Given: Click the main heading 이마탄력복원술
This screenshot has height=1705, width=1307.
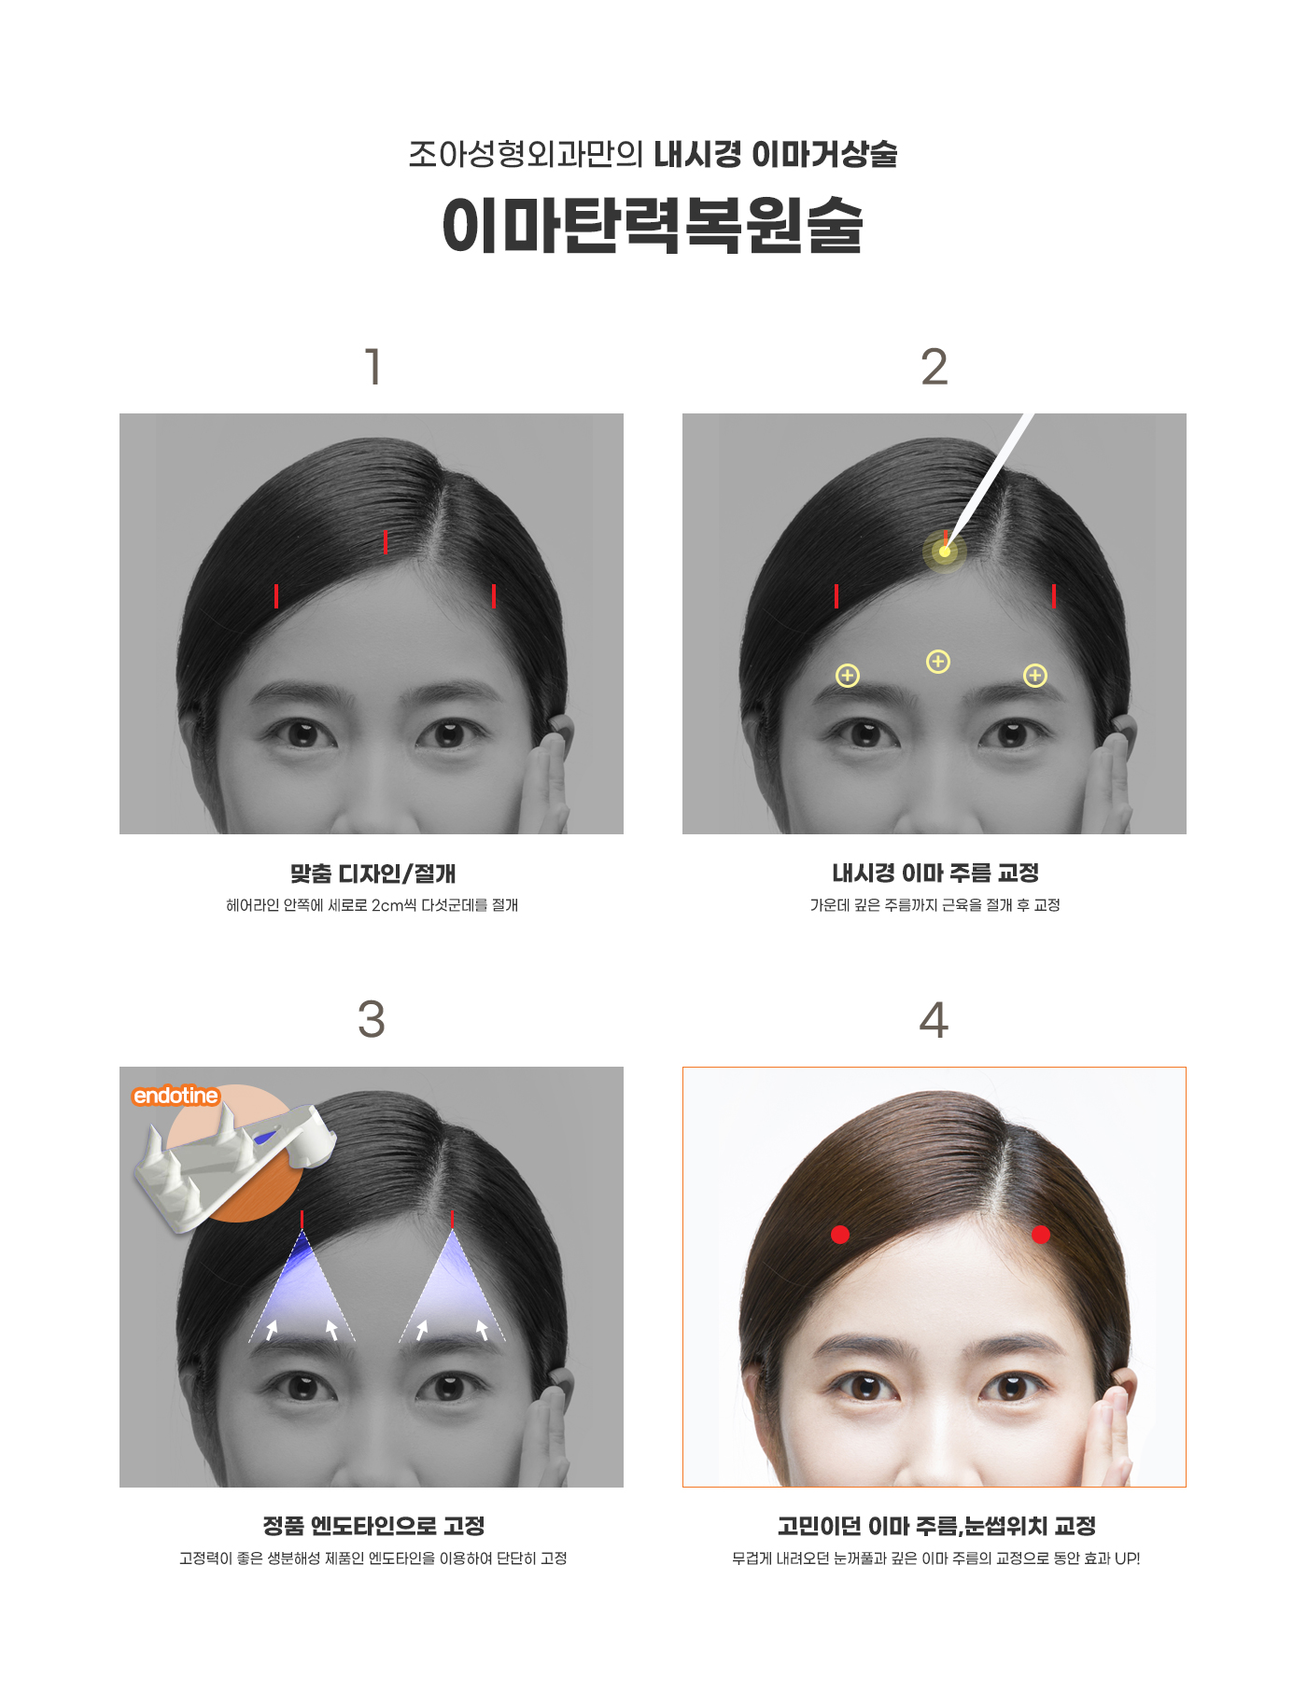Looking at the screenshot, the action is pyautogui.click(x=653, y=225).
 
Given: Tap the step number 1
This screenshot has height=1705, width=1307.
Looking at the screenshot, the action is pyautogui.click(x=373, y=367).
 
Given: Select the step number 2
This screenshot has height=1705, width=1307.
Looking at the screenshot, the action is pyautogui.click(x=934, y=367).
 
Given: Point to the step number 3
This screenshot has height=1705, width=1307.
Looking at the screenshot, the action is pyautogui.click(x=372, y=1019).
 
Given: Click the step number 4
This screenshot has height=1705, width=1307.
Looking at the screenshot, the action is pyautogui.click(x=934, y=1020).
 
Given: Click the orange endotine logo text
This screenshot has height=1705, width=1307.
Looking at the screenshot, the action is pyautogui.click(x=176, y=1096).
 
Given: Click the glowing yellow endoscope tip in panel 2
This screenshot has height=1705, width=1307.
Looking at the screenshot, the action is pyautogui.click(x=945, y=552).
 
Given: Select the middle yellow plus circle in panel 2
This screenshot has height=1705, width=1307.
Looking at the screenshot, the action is pyautogui.click(x=938, y=662).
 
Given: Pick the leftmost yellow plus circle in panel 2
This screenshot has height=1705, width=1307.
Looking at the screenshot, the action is pyautogui.click(x=848, y=676).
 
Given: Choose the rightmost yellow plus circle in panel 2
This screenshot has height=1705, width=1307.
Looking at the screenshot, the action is pyautogui.click(x=1035, y=676).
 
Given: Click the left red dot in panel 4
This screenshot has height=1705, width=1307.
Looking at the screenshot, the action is pyautogui.click(x=840, y=1235).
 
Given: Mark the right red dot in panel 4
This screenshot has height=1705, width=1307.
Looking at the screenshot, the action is pyautogui.click(x=1041, y=1235).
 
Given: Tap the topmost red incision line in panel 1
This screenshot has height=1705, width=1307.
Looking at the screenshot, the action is pyautogui.click(x=386, y=541).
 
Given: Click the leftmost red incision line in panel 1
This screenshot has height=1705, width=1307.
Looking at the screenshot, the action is pyautogui.click(x=276, y=595).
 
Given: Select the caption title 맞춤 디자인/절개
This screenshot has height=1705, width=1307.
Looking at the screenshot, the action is pyautogui.click(x=372, y=873).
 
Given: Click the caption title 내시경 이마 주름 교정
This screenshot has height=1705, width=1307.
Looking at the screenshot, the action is pyautogui.click(x=935, y=873).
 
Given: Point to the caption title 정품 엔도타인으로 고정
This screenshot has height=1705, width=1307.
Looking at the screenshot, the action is pyautogui.click(x=373, y=1527).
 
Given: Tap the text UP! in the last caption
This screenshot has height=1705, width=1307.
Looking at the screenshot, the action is pyautogui.click(x=1127, y=1558).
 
